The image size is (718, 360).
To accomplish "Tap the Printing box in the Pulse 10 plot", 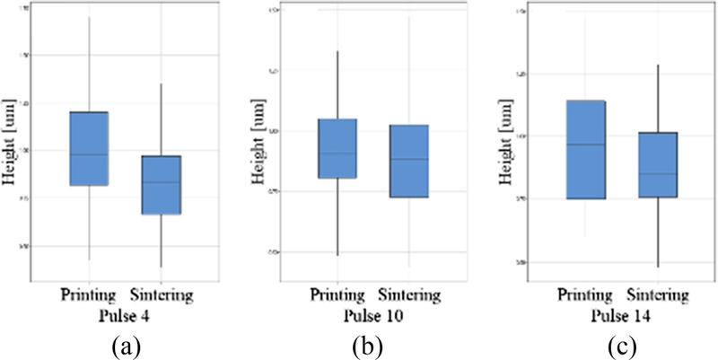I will coord(337,148).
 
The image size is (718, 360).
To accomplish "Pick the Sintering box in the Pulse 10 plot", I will coord(408,161).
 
